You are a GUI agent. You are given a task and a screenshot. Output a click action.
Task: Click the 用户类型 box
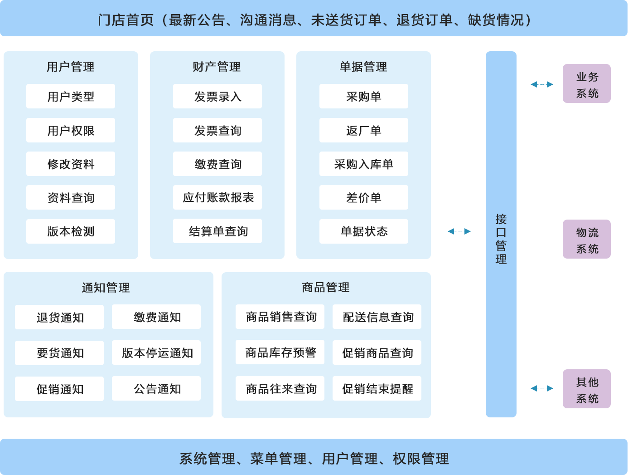[x=71, y=96]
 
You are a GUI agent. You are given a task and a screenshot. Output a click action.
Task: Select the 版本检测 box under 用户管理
[x=71, y=231]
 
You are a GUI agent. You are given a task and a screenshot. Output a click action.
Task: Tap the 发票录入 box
[x=217, y=96]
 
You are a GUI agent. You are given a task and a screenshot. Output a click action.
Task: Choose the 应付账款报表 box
[x=217, y=197]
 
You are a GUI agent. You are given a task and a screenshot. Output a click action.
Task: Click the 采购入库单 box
[x=363, y=164]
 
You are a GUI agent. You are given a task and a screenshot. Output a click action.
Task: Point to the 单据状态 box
[x=363, y=231]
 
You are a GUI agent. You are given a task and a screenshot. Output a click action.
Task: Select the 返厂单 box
[x=363, y=130]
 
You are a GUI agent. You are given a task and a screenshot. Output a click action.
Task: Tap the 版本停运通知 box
[x=156, y=353]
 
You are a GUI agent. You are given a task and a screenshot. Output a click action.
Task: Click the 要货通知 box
[x=59, y=353]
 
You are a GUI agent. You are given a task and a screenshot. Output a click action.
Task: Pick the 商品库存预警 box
[x=280, y=352]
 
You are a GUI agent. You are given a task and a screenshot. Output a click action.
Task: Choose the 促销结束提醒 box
[x=377, y=388]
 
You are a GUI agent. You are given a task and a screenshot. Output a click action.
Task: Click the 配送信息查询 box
[x=377, y=317]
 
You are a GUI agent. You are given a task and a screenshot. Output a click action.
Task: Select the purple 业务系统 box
[x=587, y=84]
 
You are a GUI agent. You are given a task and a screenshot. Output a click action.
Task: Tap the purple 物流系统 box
[x=587, y=240]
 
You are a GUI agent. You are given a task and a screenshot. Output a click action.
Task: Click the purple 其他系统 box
[x=587, y=389]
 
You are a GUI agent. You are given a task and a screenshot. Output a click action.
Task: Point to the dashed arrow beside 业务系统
[x=542, y=84]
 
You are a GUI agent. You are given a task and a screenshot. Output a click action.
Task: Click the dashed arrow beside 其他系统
[x=542, y=388]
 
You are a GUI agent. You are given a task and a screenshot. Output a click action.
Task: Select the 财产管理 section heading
[x=217, y=67]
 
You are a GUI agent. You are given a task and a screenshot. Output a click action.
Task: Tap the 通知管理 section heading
[x=106, y=288]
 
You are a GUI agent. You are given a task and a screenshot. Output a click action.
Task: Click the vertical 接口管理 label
[x=501, y=239]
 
